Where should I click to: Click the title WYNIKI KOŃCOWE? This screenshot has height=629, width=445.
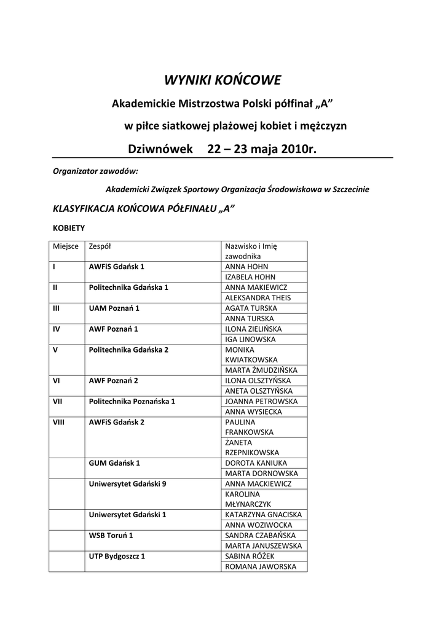[222, 80]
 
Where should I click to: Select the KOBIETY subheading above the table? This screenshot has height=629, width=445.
[69, 227]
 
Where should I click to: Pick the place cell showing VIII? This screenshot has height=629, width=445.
[60, 422]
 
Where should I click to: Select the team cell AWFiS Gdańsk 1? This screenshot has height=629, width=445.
[117, 267]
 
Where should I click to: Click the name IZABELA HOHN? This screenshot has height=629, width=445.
[250, 277]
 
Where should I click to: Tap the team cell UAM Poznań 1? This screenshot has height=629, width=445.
[114, 308]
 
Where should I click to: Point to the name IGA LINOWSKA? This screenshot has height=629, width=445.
[250, 339]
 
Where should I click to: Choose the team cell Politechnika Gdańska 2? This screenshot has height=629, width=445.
[128, 350]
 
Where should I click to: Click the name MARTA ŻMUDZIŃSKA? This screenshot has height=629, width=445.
[261, 370]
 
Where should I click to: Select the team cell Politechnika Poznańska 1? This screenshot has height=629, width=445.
[132, 401]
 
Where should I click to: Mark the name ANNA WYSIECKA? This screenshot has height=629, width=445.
[253, 412]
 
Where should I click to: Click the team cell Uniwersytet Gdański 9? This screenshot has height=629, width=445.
[128, 484]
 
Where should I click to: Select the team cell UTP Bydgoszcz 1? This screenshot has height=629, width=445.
[117, 556]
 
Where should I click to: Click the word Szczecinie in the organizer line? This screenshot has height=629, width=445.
[350, 189]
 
